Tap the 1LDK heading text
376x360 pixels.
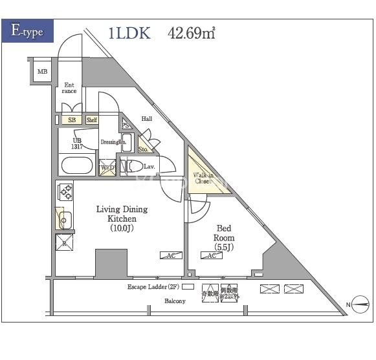(129, 34)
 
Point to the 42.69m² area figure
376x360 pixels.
(192, 34)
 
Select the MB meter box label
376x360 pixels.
(41, 72)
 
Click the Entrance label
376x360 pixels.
(69, 88)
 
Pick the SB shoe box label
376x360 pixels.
(72, 120)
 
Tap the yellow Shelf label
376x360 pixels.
(91, 120)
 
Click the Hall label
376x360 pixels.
(147, 119)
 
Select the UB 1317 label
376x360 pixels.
(77, 143)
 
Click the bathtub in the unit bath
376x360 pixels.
(77, 165)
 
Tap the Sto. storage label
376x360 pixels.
(143, 149)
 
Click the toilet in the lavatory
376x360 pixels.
(134, 167)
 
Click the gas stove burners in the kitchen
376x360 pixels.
(65, 191)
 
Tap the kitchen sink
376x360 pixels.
(65, 220)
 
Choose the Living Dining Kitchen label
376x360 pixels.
(122, 218)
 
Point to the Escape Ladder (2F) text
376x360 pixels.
(153, 286)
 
